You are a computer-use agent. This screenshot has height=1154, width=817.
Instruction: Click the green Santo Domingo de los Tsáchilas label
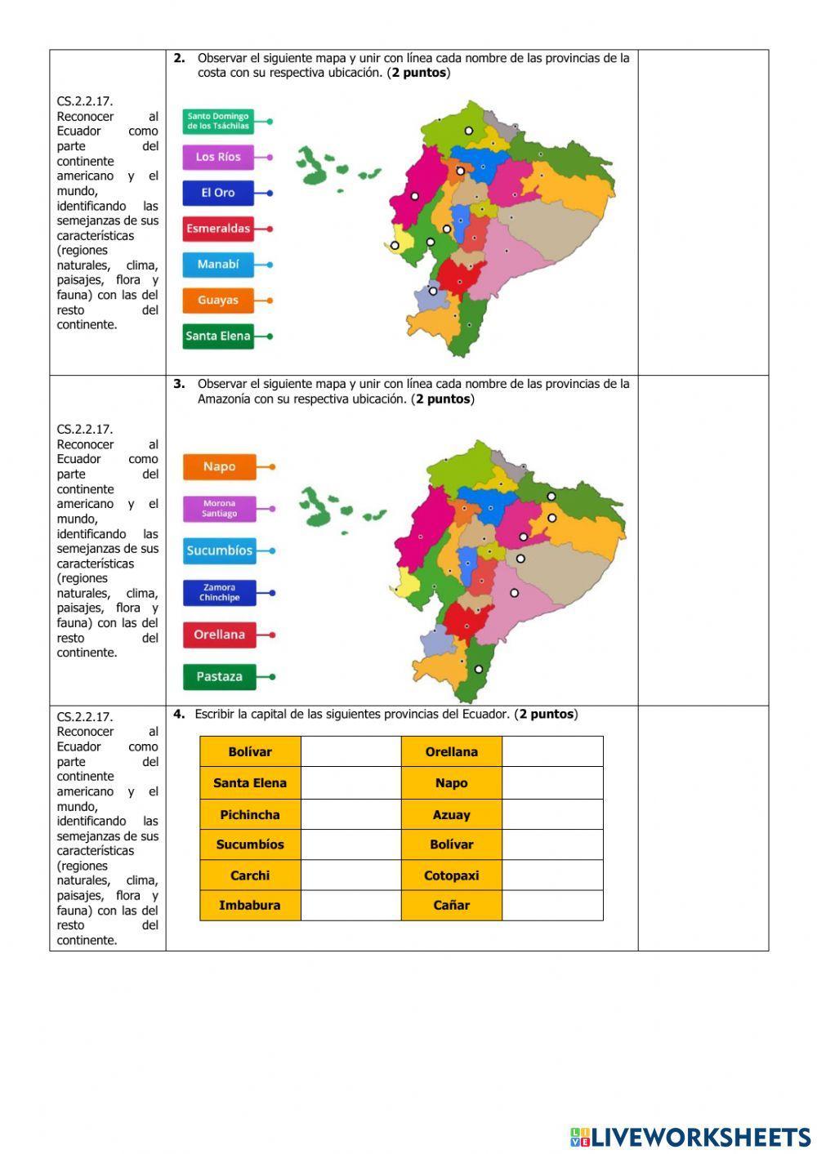point(217,121)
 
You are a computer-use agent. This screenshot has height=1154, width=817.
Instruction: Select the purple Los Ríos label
point(217,157)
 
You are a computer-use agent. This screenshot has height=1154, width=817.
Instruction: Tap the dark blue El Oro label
point(217,193)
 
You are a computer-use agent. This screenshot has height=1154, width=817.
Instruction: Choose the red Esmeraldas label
point(217,229)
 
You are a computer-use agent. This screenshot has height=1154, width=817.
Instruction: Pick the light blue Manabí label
point(217,265)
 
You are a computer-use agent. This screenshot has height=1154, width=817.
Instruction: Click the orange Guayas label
point(217,301)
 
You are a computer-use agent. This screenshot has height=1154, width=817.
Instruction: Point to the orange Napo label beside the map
point(219,466)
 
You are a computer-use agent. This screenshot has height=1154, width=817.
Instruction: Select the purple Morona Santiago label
point(219,509)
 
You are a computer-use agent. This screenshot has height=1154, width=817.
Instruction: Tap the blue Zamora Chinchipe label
point(219,593)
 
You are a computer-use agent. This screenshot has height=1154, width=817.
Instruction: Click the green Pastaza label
point(219,676)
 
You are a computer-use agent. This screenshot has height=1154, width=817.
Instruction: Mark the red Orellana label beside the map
point(219,635)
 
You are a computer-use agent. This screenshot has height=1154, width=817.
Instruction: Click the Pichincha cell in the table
point(250,814)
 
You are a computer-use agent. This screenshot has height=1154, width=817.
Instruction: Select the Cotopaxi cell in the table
point(451,876)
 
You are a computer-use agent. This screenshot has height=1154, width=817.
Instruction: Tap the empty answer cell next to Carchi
point(350,876)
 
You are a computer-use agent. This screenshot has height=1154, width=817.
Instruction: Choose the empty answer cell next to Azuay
point(552,814)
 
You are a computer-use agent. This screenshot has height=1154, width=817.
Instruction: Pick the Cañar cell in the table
point(451,905)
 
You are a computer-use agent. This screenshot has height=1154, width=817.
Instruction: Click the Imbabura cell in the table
point(250,905)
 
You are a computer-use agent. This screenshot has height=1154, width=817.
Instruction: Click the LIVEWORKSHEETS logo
point(690,1137)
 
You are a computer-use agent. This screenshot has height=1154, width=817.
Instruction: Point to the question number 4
point(178,714)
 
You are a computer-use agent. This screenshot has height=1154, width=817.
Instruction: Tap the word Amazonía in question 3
point(225,399)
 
